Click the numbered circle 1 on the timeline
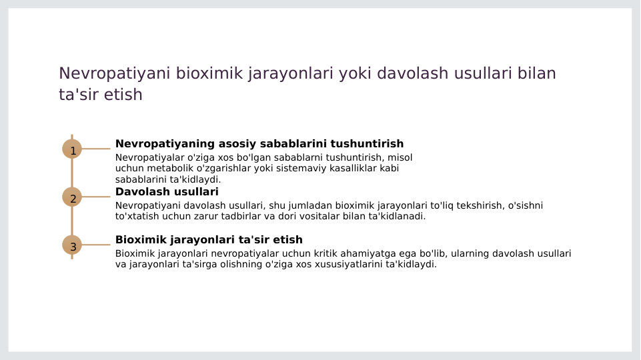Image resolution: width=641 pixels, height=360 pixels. (x=72, y=149)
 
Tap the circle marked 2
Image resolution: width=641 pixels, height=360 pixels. (x=72, y=197)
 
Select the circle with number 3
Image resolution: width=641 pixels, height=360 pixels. (x=72, y=245)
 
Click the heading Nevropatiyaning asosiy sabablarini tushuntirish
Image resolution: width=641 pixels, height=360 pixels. (x=259, y=144)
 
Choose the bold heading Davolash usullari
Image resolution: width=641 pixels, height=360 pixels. (x=167, y=192)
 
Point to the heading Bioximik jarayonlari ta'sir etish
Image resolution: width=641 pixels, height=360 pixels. (x=209, y=240)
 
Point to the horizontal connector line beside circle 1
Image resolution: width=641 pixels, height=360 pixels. (x=96, y=149)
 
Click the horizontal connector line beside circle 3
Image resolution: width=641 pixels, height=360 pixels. (x=96, y=245)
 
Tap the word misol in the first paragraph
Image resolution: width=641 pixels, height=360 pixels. (x=400, y=158)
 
